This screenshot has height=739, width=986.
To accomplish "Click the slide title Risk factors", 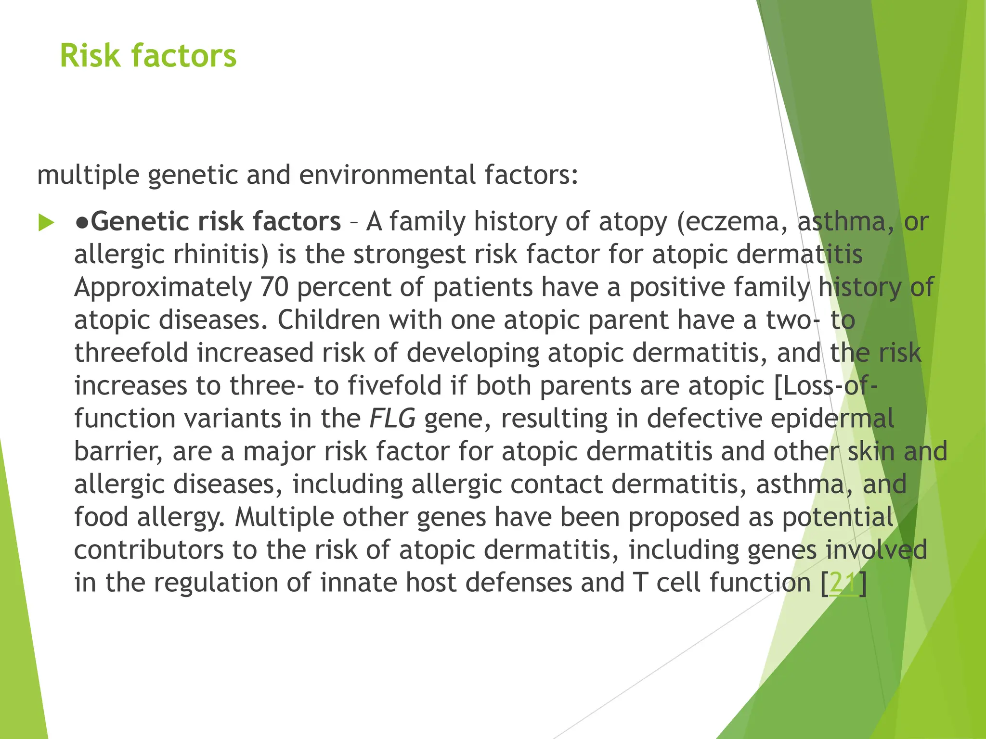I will coord(148,56).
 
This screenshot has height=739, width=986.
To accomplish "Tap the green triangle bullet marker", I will coord(46,223).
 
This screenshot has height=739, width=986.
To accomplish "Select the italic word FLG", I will coord(392,419).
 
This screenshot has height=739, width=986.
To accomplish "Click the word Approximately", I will coord(163,288).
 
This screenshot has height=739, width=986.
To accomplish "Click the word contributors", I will coord(149,550).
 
